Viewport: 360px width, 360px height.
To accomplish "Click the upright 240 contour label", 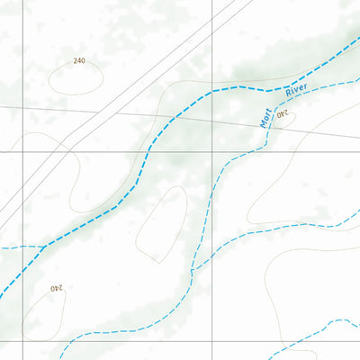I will click(79, 60).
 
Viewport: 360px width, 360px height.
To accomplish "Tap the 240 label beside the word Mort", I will click(283, 114).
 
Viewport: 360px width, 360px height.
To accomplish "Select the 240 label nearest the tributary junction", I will click(56, 288).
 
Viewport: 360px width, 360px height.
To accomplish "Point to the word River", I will click(296, 91).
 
